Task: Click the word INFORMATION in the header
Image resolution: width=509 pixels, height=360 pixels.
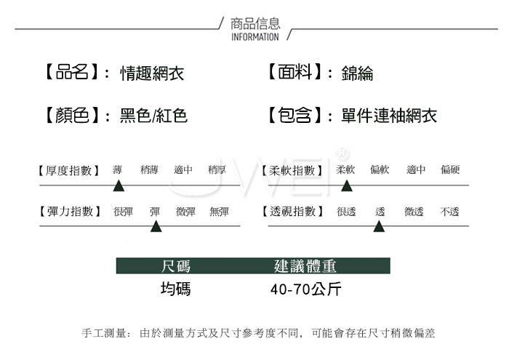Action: click(x=254, y=37)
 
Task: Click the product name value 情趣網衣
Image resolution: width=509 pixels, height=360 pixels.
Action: click(x=152, y=73)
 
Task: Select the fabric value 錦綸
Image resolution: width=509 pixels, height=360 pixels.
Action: click(x=357, y=73)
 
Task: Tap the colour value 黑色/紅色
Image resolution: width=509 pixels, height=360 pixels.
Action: click(x=153, y=116)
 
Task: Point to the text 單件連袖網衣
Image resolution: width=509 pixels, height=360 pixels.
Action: click(x=389, y=116)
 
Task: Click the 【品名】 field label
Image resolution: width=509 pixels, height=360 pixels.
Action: click(x=72, y=71)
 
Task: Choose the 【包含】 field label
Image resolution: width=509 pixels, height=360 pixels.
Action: click(x=294, y=115)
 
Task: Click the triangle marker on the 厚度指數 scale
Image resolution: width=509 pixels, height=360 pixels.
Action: click(x=119, y=185)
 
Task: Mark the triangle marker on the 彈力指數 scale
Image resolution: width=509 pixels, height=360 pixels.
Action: click(x=156, y=226)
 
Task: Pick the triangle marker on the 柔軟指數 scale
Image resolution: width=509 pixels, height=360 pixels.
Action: click(x=347, y=185)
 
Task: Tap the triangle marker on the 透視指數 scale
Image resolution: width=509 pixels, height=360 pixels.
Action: click(x=379, y=226)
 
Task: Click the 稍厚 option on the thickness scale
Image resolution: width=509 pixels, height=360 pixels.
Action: click(x=217, y=169)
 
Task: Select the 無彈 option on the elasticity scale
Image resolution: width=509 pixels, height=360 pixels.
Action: click(x=219, y=212)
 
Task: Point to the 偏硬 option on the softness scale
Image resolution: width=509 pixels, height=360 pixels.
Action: click(x=450, y=169)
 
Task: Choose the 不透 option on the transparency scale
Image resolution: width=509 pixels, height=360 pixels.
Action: click(x=449, y=212)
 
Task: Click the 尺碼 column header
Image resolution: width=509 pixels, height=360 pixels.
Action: click(x=176, y=266)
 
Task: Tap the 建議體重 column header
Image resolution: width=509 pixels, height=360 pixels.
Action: click(x=305, y=266)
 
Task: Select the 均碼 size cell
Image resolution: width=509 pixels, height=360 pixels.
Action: click(x=176, y=289)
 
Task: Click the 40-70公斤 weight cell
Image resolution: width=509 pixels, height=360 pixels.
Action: click(x=306, y=289)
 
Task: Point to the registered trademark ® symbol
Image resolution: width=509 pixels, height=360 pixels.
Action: click(x=342, y=153)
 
